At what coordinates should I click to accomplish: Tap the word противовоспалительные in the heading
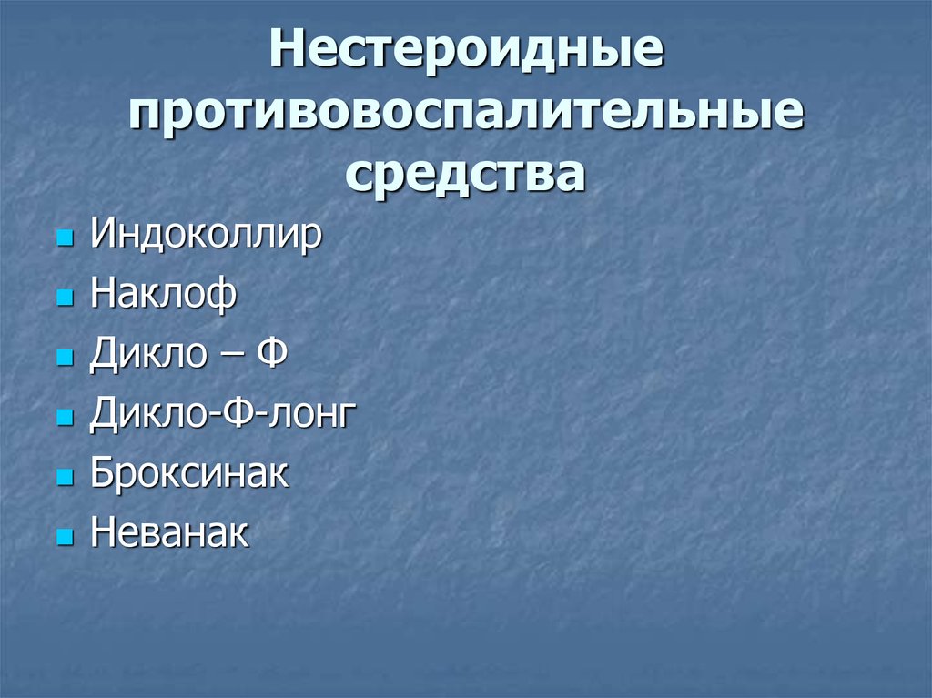coord(465,114)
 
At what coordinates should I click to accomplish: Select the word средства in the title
coord(465,173)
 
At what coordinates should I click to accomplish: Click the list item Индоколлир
coord(206,236)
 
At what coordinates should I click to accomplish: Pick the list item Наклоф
coord(163,296)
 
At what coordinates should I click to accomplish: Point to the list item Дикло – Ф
coord(188,355)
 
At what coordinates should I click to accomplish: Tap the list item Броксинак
coord(189,474)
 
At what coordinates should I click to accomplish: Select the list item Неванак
coord(169,534)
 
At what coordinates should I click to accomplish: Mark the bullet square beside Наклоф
coord(64,299)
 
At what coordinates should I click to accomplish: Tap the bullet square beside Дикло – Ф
coord(64,359)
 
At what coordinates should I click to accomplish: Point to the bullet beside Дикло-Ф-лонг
coord(64,419)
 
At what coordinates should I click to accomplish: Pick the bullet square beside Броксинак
coord(64,478)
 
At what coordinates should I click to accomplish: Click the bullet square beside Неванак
coord(64,537)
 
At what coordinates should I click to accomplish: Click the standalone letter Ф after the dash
coord(273,355)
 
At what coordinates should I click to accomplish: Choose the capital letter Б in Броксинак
coord(101,474)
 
